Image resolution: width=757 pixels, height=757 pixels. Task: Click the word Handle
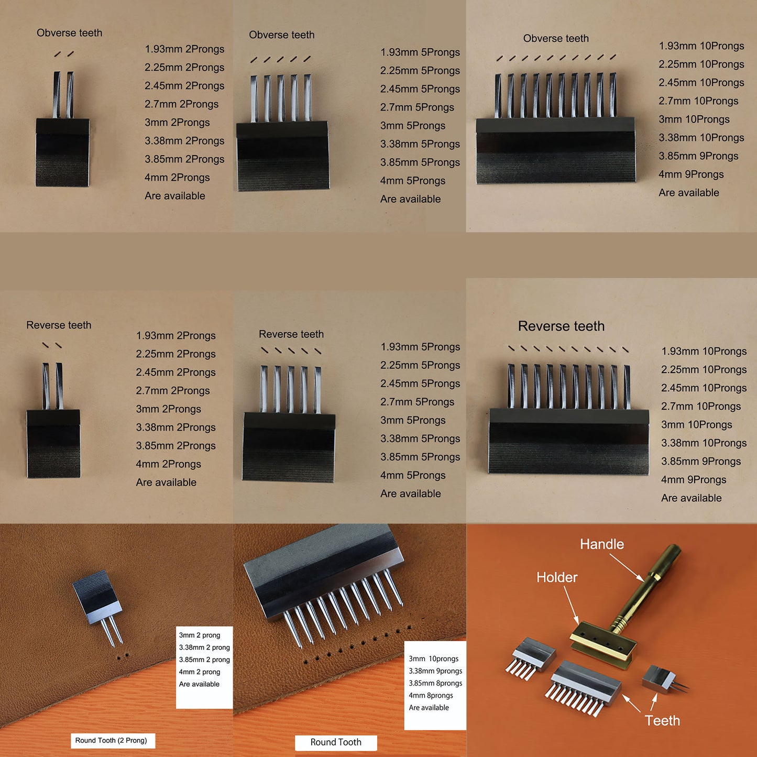[602, 544]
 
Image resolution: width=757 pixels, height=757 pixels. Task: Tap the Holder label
[557, 577]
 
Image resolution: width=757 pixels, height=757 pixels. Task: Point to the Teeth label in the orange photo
[662, 720]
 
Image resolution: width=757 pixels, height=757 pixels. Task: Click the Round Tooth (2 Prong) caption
[111, 740]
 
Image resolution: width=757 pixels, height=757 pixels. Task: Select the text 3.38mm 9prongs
[435, 671]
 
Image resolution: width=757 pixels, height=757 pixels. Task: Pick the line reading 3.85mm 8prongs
[435, 683]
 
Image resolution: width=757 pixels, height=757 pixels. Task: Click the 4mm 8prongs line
[431, 695]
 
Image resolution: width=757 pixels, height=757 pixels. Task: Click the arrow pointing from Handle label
[626, 567]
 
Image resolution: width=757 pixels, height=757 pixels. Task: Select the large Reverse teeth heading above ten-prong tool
[561, 326]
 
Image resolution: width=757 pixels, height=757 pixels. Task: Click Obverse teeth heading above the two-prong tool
[69, 32]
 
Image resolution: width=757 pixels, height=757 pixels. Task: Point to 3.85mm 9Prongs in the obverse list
[698, 156]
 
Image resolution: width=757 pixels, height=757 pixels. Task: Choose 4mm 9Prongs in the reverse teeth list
[694, 479]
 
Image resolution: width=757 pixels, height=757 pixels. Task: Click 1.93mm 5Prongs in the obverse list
[420, 52]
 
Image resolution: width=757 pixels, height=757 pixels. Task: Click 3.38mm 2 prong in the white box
[204, 647]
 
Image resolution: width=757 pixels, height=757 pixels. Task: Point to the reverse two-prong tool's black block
[53, 444]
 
